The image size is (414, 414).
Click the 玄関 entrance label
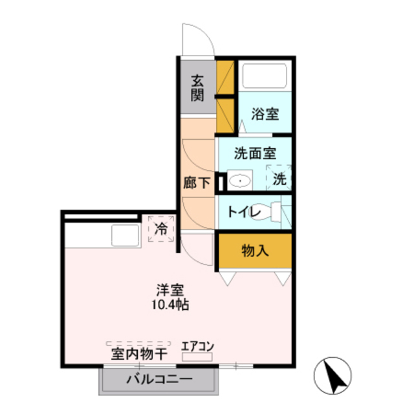[x=198, y=88]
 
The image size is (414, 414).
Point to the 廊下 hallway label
[x=197, y=183]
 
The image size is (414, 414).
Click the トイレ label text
[x=245, y=212]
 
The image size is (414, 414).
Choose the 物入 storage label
[x=255, y=250]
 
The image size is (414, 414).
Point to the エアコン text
[x=197, y=345]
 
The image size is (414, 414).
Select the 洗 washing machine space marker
[x=279, y=179]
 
